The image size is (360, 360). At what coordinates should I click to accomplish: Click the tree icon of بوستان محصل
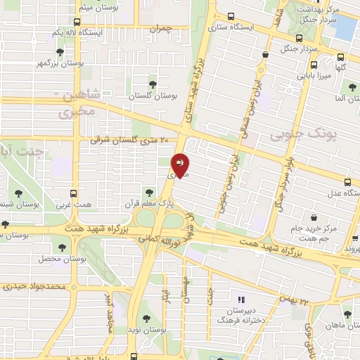pyautogui.click(x=63, y=247)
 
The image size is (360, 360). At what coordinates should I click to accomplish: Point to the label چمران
pyautogui.click(x=160, y=30)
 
